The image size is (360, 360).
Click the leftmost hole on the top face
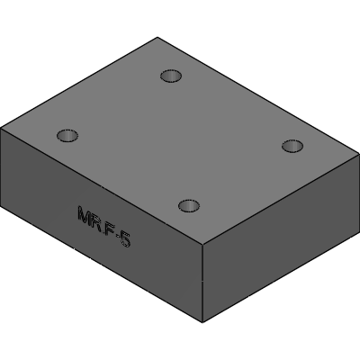pos(67,135)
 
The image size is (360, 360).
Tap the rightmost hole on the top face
pos(292,147)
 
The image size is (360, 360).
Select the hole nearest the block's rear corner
pos(171,76)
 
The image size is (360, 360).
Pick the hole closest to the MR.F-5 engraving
pos(189,205)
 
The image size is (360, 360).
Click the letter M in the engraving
pos(85,214)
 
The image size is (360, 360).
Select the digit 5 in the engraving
pos(125,238)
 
